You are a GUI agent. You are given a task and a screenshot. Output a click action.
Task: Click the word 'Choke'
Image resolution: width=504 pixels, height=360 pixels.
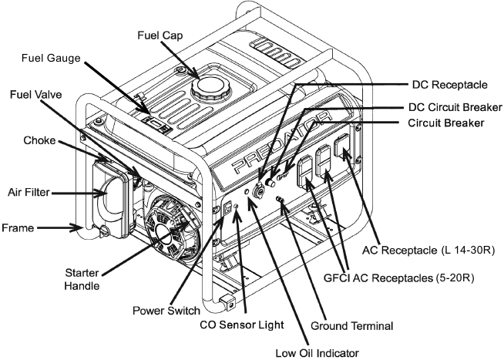pyautogui.click(x=39, y=141)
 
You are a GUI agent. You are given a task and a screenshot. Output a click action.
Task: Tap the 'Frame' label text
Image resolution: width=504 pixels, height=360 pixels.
pyautogui.click(x=18, y=228)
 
